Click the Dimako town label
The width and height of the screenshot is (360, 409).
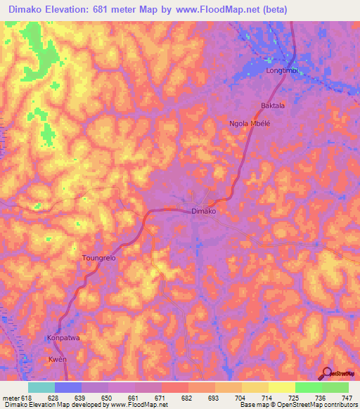tap(203, 211)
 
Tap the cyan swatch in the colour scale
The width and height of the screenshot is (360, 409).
tap(41, 387)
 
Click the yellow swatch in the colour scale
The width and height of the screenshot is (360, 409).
tap(281, 387)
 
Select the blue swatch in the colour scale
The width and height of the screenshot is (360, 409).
tap(68, 387)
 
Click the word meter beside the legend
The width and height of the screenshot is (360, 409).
tap(12, 397)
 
